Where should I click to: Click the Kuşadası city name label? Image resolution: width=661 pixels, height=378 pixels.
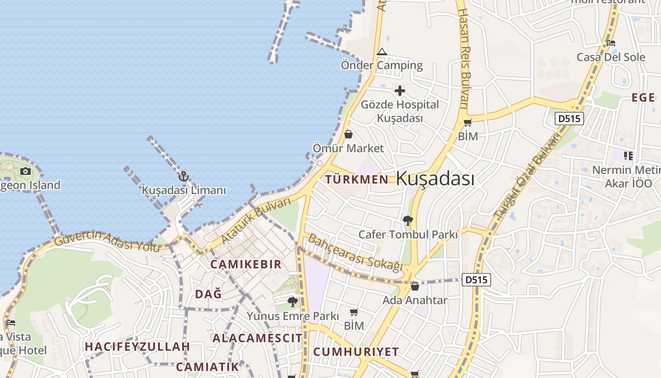(x=435, y=179)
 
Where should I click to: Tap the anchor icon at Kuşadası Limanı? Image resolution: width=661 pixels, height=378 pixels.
(x=184, y=176)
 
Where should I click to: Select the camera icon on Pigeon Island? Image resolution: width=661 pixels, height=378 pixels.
(x=25, y=171)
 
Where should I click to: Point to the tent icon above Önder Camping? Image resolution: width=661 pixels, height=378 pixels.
(x=381, y=52)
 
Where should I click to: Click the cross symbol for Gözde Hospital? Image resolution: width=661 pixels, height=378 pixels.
(x=400, y=91)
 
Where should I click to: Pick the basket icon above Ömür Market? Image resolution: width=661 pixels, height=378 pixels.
(x=348, y=135)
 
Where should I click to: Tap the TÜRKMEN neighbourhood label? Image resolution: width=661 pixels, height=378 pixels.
(x=357, y=180)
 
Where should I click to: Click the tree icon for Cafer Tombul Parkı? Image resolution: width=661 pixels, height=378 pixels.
(x=408, y=221)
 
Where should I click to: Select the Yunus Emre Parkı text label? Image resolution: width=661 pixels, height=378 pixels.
(x=293, y=316)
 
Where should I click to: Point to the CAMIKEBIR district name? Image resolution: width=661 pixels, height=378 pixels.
(x=246, y=265)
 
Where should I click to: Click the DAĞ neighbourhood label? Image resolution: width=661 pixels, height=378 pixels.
(x=208, y=294)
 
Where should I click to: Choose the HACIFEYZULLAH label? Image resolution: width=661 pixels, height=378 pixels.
(x=137, y=347)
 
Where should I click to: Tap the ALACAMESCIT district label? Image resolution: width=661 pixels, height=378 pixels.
(x=257, y=338)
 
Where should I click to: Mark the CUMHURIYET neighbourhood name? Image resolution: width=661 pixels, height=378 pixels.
(x=356, y=352)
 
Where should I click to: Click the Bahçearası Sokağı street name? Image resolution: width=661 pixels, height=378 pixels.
(x=355, y=253)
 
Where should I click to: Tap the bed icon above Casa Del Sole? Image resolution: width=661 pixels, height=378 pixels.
(x=610, y=43)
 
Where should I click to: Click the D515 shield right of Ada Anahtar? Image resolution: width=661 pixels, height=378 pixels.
(x=475, y=280)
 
